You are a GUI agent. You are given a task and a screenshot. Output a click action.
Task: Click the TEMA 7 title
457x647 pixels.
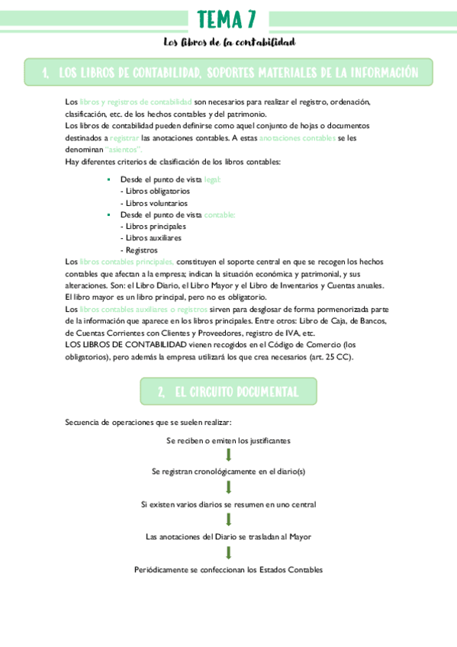(x=228, y=18)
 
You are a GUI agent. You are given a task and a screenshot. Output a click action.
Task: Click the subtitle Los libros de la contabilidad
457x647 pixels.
(x=229, y=42)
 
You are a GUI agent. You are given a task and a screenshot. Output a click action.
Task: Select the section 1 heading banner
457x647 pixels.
(x=228, y=72)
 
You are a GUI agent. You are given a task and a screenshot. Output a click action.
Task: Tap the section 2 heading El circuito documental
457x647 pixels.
(x=228, y=392)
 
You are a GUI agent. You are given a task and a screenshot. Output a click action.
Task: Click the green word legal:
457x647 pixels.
(x=213, y=179)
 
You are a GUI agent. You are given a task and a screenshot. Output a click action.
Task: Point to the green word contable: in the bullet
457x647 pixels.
(x=220, y=215)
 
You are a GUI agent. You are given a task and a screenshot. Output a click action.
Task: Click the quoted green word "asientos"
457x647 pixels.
(x=124, y=150)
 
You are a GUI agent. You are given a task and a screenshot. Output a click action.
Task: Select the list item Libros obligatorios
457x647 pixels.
(x=155, y=191)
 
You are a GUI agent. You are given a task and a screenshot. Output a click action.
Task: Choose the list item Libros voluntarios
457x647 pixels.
(x=153, y=203)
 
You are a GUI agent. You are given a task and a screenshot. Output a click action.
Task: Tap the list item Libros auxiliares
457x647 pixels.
(x=151, y=238)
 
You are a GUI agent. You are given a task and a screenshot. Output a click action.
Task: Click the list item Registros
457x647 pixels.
(x=140, y=249)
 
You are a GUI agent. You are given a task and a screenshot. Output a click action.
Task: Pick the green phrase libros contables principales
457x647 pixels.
(x=127, y=262)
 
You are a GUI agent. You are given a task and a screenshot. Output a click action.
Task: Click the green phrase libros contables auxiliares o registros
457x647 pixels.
(x=143, y=309)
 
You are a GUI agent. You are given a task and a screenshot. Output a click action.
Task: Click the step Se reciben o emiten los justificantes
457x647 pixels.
(x=228, y=440)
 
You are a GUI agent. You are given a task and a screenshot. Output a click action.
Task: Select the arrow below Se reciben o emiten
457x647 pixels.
(x=228, y=455)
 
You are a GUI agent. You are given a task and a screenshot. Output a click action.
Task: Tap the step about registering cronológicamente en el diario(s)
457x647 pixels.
(x=228, y=472)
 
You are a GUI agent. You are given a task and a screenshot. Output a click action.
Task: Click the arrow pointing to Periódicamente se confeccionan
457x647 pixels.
(x=228, y=552)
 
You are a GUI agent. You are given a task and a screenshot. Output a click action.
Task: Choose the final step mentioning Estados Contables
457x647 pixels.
(x=228, y=569)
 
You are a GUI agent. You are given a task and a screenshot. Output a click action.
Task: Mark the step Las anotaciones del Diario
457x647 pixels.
(x=228, y=536)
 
